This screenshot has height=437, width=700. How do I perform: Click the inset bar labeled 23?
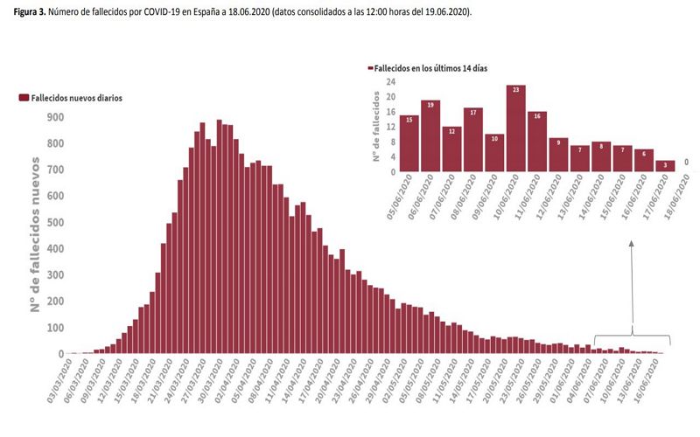pos(515,128)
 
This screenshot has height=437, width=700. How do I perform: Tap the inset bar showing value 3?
pos(665,166)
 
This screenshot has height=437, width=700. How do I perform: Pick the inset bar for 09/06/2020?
pos(494,153)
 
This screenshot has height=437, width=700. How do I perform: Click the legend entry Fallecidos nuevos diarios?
pos(71,98)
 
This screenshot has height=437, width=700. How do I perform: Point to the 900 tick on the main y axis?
pos(54,116)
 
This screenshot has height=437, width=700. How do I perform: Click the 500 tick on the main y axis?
pos(54,222)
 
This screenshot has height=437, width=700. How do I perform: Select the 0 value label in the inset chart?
pos(686,162)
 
